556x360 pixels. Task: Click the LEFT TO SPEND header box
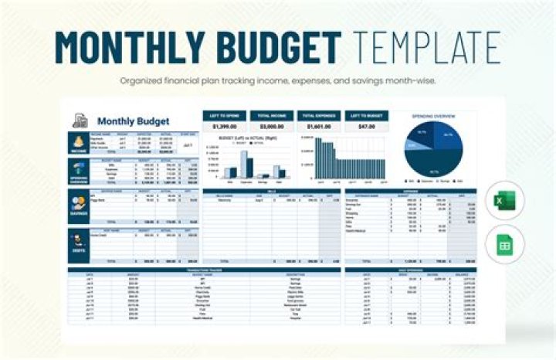[224, 114]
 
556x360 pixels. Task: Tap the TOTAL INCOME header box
[271, 114]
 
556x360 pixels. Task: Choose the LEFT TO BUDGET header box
[365, 114]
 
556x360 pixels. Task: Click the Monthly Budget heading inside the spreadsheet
[133, 121]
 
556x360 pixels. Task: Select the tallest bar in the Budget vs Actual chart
[244, 164]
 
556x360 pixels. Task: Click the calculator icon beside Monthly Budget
[79, 121]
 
